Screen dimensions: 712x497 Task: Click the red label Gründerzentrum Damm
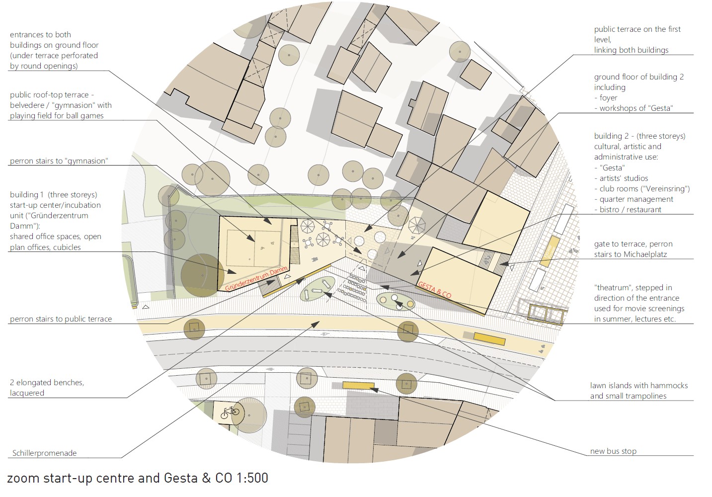coord(256,280)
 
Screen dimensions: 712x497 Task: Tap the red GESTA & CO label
coord(435,290)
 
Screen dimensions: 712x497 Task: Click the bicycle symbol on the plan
coord(230,413)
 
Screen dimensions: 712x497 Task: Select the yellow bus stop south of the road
coord(358,385)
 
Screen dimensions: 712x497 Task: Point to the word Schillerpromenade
coord(45,453)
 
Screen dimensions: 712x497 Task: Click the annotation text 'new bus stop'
coord(613,451)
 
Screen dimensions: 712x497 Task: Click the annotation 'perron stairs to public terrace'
coord(61,319)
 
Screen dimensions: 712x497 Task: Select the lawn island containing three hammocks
coord(317,288)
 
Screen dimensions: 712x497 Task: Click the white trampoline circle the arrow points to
coord(395,298)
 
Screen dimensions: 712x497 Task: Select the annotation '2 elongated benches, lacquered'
coord(47,388)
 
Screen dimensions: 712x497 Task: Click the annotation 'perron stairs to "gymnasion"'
coord(59,161)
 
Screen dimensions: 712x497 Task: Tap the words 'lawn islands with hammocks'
coord(639,386)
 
